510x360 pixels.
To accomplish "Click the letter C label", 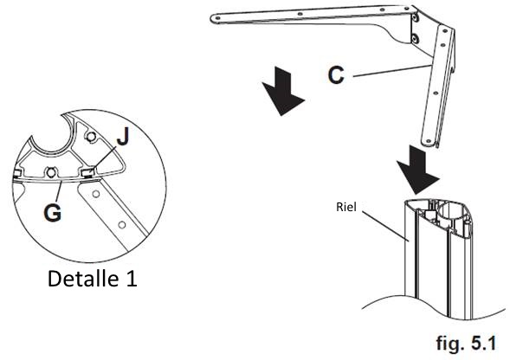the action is coord(336,75).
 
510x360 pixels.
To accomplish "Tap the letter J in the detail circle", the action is coord(123,136).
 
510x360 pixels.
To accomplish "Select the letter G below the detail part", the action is coord(52,213).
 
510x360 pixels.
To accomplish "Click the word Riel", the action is coord(346,207).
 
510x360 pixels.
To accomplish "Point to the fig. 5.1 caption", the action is coord(466,343).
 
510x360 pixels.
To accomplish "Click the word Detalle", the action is coord(83,279).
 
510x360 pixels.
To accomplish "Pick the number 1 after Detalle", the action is coord(132,279).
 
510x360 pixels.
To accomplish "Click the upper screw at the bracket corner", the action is coord(415,18).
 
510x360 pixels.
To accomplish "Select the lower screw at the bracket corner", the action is coord(415,38).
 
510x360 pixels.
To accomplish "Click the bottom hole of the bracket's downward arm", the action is coord(429,141).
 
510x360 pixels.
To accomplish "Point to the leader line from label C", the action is coord(390,71).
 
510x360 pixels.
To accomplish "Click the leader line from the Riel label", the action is coord(386,227).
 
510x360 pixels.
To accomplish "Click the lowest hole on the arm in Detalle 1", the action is coord(122,225).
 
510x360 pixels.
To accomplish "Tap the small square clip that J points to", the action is coord(88,172).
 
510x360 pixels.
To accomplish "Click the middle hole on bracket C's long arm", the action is coord(300,14).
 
